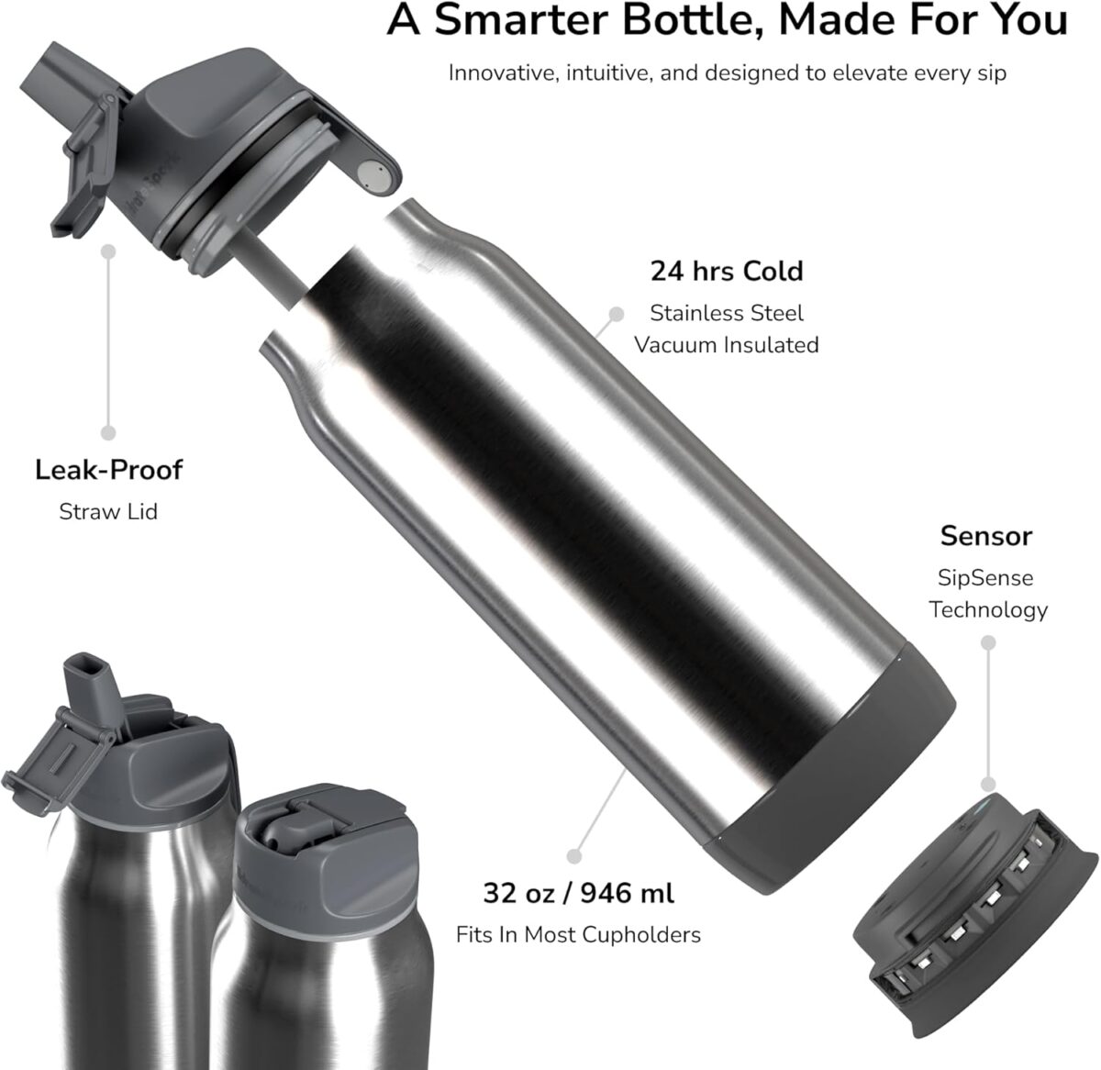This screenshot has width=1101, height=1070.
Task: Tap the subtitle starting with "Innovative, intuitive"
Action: (x=727, y=72)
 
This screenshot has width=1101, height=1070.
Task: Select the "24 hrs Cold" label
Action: (x=726, y=272)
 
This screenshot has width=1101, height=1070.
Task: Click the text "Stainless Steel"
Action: (x=726, y=313)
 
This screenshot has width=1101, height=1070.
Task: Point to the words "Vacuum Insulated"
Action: (x=726, y=345)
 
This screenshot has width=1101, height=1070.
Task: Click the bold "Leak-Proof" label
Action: (x=108, y=471)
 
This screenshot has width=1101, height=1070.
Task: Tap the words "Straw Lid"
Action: (x=108, y=511)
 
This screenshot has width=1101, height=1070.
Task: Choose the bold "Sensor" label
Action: (x=985, y=536)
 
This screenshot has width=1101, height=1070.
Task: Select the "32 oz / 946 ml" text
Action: (x=578, y=892)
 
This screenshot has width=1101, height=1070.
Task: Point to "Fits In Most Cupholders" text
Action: (x=578, y=934)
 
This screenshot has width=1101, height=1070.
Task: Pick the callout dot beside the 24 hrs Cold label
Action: (x=617, y=314)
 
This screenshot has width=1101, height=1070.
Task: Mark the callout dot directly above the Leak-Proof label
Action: (x=108, y=432)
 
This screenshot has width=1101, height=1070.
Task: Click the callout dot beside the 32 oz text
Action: (x=574, y=855)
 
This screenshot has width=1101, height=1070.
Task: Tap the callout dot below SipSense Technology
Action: (x=988, y=784)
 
